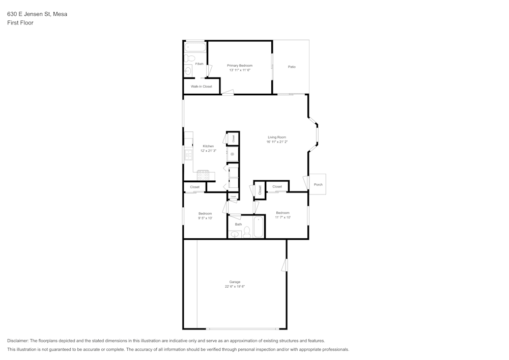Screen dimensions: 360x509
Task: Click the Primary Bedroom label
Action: pos(239,66)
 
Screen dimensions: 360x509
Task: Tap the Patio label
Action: pos(292,67)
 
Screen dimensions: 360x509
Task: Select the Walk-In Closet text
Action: pos(201,87)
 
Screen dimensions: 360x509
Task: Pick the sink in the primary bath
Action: pos(188,71)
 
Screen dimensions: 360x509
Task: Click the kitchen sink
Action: pos(188,154)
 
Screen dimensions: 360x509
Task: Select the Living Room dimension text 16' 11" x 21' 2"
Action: pos(277,142)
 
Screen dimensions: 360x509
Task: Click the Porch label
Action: pos(318,184)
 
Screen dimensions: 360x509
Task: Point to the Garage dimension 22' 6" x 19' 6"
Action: pos(235,287)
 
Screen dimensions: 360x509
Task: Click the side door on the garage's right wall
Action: pos(285,265)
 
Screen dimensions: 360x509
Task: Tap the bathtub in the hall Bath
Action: pos(259,227)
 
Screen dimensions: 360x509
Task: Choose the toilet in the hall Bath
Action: pos(247,233)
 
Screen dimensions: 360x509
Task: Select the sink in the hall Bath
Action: pos(235,234)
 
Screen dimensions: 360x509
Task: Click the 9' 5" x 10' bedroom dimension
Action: pos(205,218)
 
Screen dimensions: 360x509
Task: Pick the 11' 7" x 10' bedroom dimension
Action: pos(282,217)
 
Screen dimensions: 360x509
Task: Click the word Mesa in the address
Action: pos(60,14)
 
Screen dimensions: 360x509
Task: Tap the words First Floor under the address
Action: pos(20,23)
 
